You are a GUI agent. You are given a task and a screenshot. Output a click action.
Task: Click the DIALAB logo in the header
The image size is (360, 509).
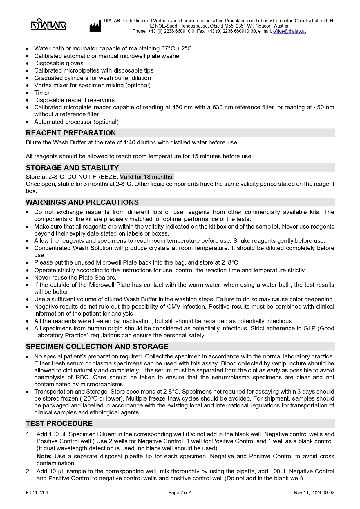coord(48,25)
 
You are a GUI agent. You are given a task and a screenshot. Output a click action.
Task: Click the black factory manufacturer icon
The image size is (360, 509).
coord(95,26)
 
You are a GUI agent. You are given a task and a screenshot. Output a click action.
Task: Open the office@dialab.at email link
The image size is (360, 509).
coord(289,31)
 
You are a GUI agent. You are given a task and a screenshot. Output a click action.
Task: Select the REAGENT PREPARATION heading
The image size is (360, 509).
coord(71,133)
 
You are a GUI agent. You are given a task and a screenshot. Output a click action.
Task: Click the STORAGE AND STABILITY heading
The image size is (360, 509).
coord(72,168)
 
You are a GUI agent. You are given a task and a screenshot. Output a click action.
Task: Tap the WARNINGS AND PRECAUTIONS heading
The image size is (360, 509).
coord(82,202)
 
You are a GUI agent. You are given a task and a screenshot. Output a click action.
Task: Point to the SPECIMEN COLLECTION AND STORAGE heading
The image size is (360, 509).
coord(97,347)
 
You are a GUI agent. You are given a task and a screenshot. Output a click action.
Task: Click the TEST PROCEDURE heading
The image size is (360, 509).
coord(59,424)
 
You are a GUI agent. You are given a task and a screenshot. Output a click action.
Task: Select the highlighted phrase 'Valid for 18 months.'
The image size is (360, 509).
coord(146,177)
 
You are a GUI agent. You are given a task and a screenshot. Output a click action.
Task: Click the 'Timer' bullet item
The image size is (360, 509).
coord(42,93)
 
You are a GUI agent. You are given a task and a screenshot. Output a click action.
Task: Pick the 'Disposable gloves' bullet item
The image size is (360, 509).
coord(59,63)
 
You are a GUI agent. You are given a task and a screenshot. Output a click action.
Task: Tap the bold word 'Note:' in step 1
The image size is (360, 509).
coord(44,456)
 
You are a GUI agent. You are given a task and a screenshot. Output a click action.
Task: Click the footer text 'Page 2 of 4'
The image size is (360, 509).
coord(180,492)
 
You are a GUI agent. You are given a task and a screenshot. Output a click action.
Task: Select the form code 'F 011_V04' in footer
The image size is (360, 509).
coord(37,492)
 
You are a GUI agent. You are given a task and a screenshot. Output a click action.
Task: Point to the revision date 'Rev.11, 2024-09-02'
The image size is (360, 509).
coord(314,492)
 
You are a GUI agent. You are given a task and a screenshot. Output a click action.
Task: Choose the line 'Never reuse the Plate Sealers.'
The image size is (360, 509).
coord(75,278)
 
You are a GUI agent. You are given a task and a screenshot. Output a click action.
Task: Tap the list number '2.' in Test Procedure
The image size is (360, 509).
coord(28,471)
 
